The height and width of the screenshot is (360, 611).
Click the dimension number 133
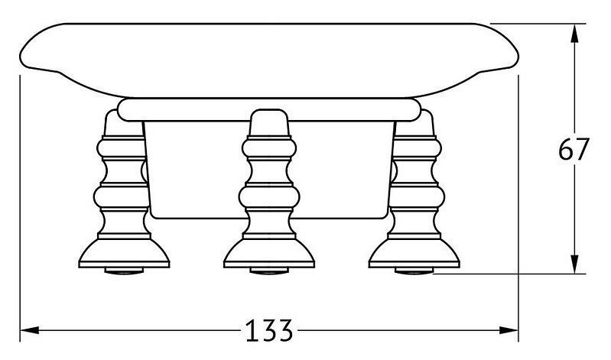[269, 331]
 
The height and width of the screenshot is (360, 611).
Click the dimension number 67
[573, 150]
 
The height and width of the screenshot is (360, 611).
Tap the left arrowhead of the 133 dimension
[30, 330]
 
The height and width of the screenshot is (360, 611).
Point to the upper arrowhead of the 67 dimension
[574, 34]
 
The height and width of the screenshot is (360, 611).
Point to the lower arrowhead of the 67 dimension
[574, 264]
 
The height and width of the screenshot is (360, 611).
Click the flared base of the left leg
[124, 253]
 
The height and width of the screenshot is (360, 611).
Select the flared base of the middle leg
[269, 253]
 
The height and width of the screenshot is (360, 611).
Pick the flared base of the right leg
[414, 253]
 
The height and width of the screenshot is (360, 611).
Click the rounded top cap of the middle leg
[269, 123]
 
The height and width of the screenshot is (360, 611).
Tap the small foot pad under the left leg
[124, 271]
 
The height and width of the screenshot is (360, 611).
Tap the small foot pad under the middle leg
[269, 271]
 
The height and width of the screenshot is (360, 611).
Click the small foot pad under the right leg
[414, 271]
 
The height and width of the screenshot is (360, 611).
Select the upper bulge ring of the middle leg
[269, 149]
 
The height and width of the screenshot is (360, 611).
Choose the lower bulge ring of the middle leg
[269, 197]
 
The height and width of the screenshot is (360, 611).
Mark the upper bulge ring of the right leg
[417, 149]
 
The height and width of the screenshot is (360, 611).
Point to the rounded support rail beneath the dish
[269, 109]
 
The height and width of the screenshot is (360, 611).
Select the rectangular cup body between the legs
[269, 170]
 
